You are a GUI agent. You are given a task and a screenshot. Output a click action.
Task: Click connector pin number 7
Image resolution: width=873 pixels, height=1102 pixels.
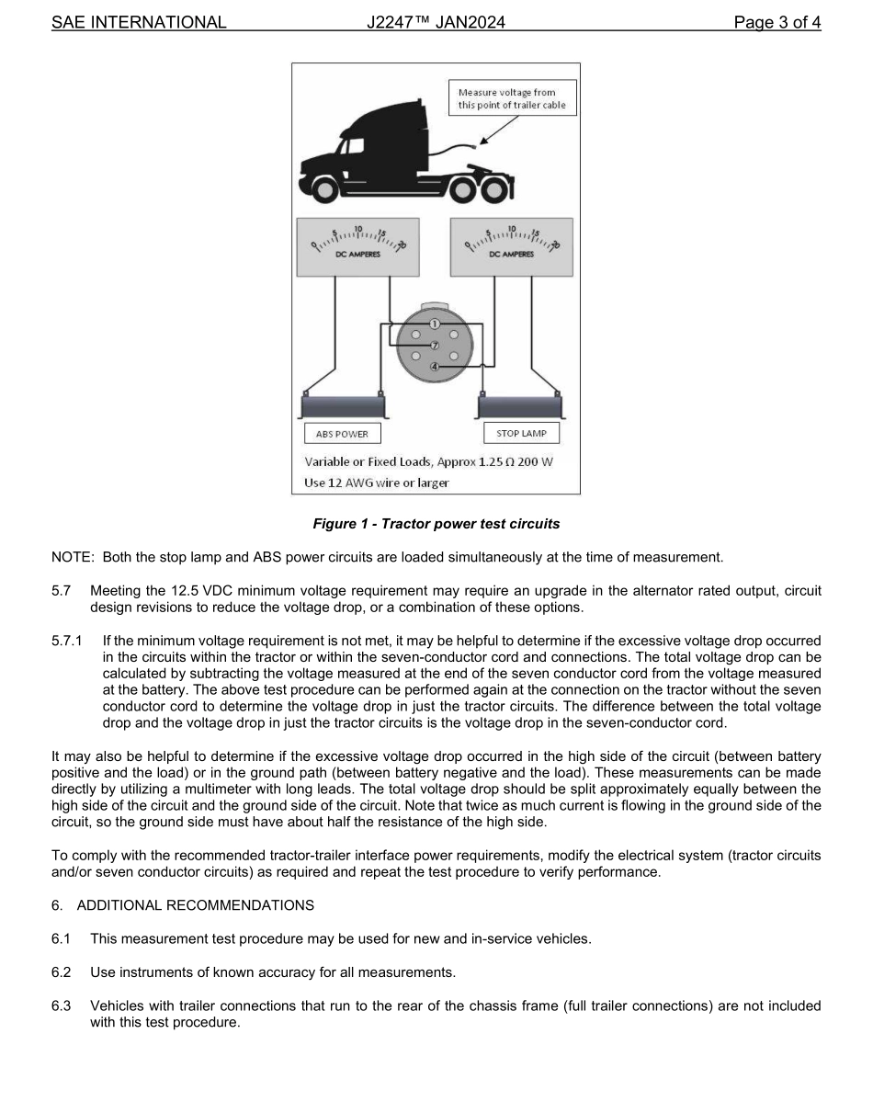pos(436,345)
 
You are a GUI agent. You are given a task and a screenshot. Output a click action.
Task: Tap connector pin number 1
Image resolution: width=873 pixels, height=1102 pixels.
pos(436,324)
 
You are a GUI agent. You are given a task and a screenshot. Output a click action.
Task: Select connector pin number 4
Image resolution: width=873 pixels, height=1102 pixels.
pos(436,367)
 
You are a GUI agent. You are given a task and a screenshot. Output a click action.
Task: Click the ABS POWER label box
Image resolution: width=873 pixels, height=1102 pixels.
pos(342,434)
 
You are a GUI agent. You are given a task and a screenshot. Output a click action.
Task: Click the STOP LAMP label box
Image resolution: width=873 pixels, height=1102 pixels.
pos(521,433)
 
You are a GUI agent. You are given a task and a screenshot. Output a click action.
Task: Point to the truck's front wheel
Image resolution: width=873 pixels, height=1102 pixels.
pos(324,190)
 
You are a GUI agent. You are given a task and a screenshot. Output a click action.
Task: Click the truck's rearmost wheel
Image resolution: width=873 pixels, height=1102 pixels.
pos(495,190)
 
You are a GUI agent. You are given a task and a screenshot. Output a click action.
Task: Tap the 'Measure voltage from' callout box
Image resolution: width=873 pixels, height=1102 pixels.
pos(514,98)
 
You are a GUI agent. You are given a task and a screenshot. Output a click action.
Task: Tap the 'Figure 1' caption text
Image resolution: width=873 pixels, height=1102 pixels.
pos(436,524)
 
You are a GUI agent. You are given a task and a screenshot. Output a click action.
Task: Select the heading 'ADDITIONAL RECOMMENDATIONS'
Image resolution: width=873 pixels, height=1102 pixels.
pos(195,905)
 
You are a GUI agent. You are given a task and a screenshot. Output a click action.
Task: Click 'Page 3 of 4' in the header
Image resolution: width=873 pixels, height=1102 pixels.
pos(777,22)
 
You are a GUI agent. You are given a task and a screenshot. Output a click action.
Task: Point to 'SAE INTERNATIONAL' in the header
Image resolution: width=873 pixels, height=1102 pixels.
pos(139,22)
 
